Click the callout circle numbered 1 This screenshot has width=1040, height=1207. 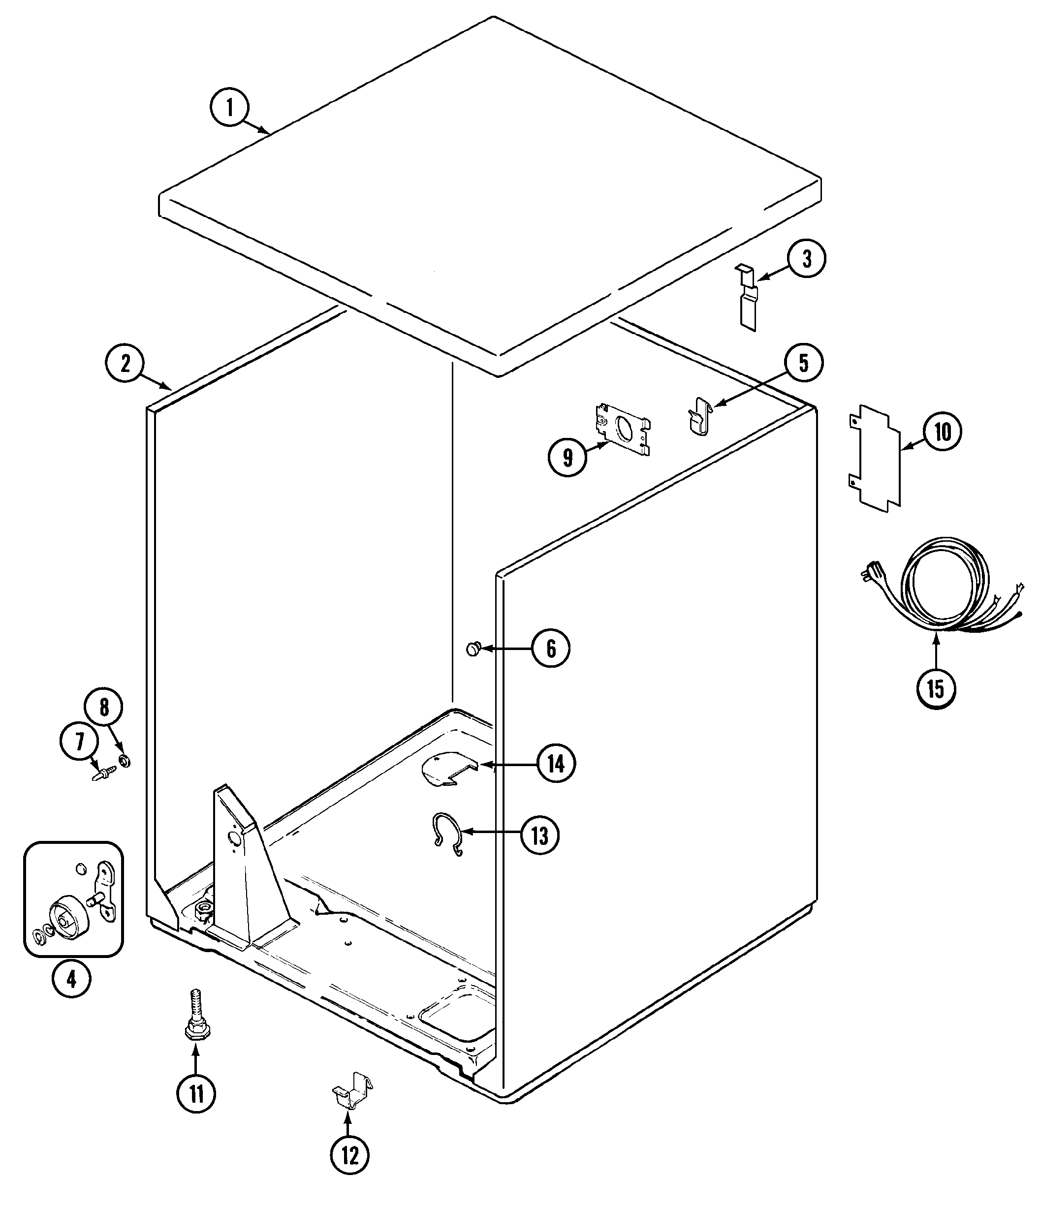pos(229,108)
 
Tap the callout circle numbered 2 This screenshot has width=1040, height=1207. pos(125,364)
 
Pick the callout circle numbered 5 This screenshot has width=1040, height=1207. pos(803,364)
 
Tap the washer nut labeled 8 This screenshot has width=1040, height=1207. pos(124,760)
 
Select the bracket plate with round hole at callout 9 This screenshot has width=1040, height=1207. pos(622,429)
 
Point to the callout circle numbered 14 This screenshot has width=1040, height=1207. pos(556,764)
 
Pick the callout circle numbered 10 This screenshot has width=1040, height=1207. pos(942,432)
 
